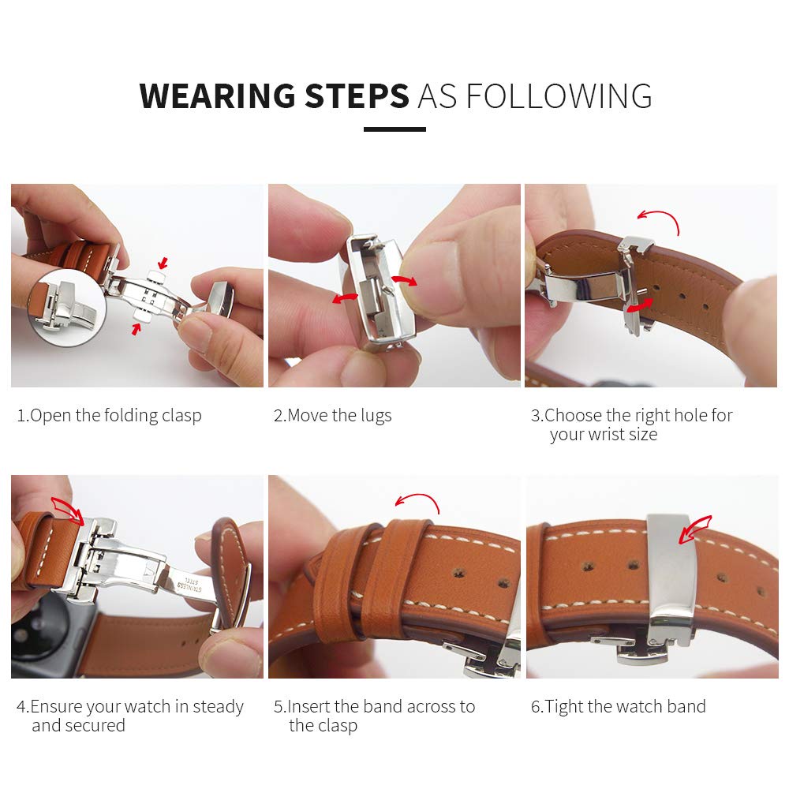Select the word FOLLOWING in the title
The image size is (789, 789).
coord(559,96)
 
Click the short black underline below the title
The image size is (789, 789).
coord(394,129)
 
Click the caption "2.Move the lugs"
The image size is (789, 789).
coord(332,416)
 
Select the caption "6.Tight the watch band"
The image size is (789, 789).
coord(618,706)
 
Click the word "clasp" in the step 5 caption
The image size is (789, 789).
coord(335,726)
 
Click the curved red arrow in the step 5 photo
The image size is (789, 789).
coord(417,501)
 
